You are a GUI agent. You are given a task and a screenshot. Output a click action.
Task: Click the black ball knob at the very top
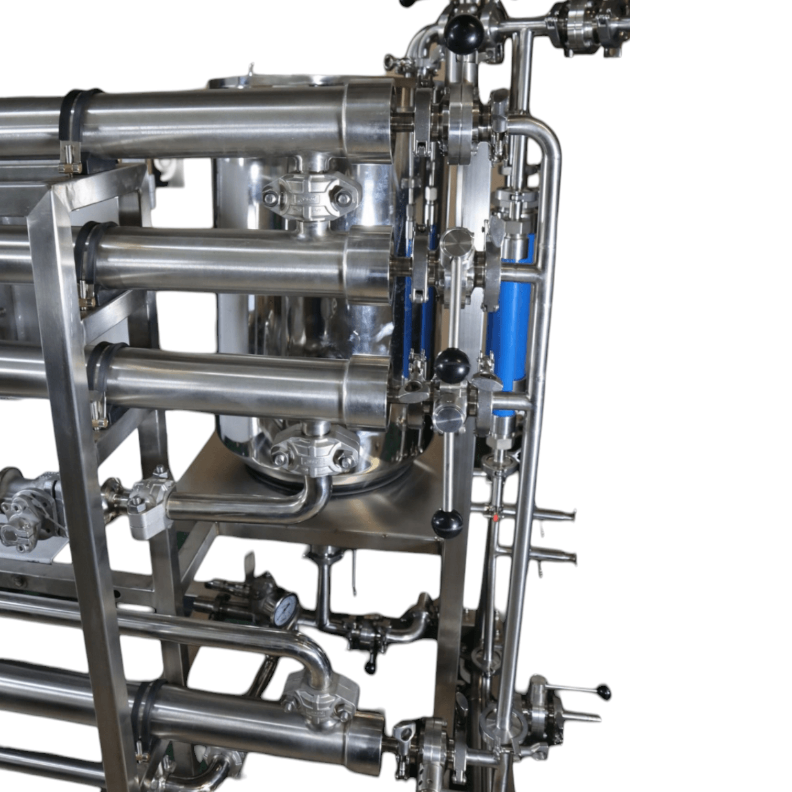(x=463, y=30)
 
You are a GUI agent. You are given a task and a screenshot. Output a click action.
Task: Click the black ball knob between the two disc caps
(x=452, y=365)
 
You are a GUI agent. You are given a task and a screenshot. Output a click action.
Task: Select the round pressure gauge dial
(x=285, y=610)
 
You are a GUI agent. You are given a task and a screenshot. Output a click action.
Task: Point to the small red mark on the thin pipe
(x=496, y=518)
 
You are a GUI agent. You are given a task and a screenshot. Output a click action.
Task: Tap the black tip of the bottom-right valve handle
(x=605, y=692)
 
